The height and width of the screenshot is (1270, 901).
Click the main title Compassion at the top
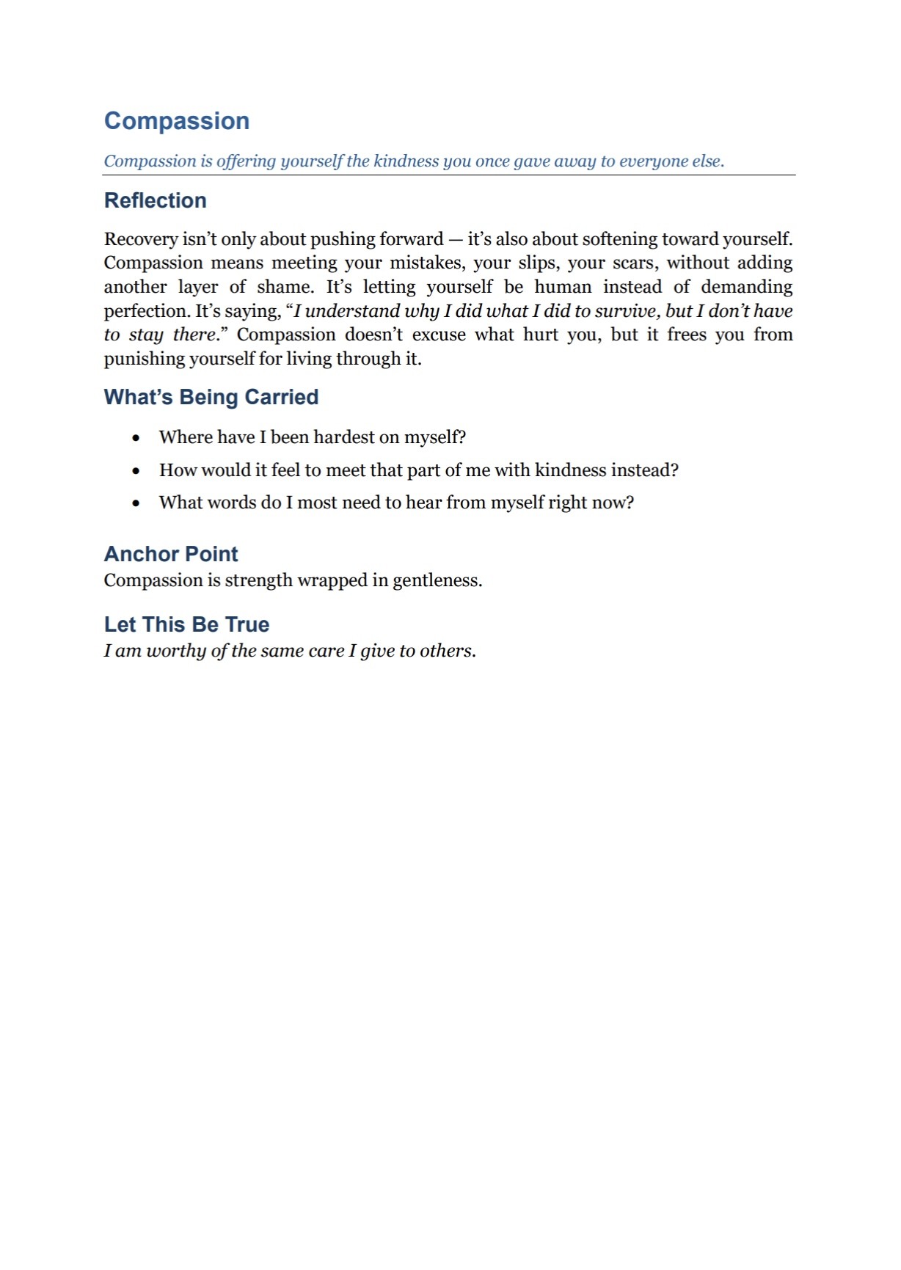click(x=177, y=121)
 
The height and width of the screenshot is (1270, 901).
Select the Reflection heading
click(x=156, y=200)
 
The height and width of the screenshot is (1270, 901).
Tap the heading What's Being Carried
click(x=211, y=397)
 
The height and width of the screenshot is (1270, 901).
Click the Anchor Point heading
click(x=171, y=554)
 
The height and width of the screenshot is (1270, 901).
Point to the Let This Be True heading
click(x=186, y=624)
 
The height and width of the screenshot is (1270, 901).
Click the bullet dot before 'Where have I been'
click(x=136, y=438)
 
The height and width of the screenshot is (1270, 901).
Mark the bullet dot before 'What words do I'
click(x=136, y=503)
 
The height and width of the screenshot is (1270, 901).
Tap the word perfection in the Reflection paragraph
click(x=146, y=311)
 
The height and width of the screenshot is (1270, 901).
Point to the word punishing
click(x=144, y=359)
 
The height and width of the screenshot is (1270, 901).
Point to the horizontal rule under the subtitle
click(x=449, y=175)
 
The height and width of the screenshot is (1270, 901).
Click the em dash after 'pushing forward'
click(x=455, y=239)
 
